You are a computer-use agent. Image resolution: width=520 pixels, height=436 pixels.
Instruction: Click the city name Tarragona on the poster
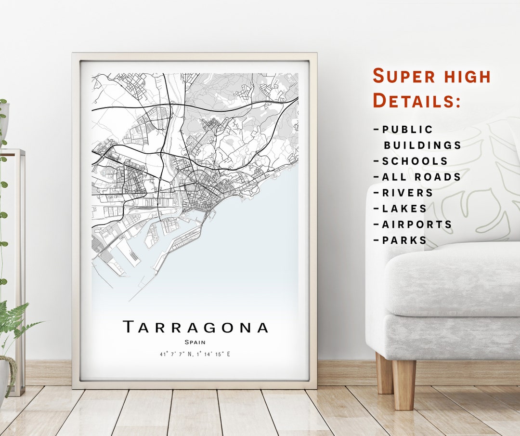coord(195,327)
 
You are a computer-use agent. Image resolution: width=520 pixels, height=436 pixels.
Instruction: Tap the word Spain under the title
coord(195,342)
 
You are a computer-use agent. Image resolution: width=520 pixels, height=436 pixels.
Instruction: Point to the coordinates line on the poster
coord(195,355)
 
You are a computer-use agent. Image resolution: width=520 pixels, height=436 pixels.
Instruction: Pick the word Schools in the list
coord(415,161)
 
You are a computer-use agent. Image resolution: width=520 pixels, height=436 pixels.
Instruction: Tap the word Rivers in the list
coord(407,193)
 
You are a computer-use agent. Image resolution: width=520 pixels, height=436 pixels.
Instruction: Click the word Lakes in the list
coord(404,209)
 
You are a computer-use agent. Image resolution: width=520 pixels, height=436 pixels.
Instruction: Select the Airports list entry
coord(417,225)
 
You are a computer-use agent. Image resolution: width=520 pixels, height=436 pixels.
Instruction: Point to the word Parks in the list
coord(404,240)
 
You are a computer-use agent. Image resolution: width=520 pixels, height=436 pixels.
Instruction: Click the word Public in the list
coord(407,130)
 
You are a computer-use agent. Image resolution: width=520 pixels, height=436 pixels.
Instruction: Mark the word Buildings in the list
coord(422,145)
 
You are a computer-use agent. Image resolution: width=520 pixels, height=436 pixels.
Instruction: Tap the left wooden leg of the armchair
coord(384,373)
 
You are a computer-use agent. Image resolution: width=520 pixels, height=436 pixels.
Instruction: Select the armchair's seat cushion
coord(453,279)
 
